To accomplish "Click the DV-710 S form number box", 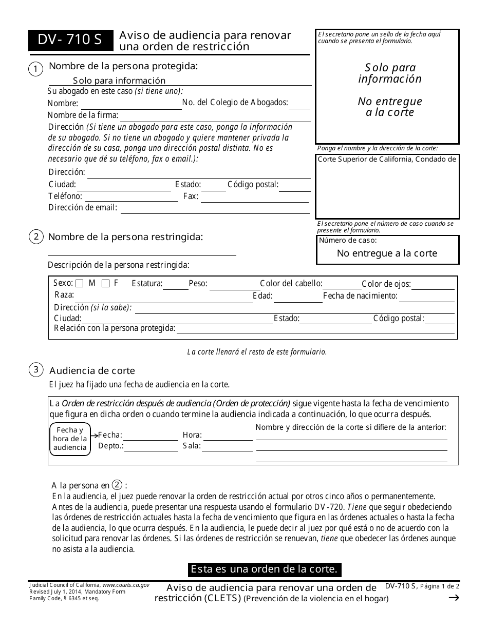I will pyautogui.click(x=70, y=41).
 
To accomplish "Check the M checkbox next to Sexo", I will pyautogui.click(x=80, y=283).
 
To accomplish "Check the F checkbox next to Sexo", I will pyautogui.click(x=105, y=283).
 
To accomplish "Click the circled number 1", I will pyautogui.click(x=35, y=69).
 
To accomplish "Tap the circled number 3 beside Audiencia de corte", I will pyautogui.click(x=35, y=369).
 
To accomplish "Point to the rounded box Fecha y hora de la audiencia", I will pyautogui.click(x=70, y=439).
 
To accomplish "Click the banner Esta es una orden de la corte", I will pyautogui.click(x=264, y=569).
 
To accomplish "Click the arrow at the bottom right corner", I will pyautogui.click(x=454, y=597).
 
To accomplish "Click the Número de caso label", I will pyautogui.click(x=348, y=240).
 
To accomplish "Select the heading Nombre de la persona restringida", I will pyautogui.click(x=125, y=236).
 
